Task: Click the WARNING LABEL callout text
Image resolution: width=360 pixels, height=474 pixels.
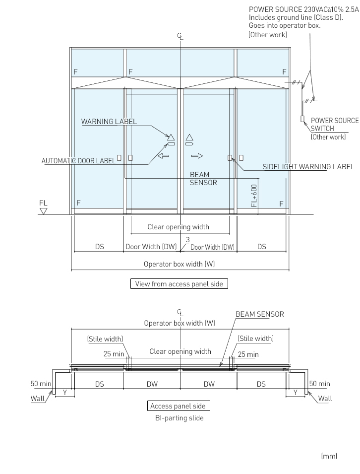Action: (109, 122)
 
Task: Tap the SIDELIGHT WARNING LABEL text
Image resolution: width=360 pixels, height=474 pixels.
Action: (308, 167)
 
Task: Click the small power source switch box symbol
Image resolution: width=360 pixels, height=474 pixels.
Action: (301, 119)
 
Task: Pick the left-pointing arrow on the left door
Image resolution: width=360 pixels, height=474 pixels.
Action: (163, 156)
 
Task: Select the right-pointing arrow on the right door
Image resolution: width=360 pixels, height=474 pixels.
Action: (197, 156)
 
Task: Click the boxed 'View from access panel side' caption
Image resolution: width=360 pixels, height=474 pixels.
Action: (179, 284)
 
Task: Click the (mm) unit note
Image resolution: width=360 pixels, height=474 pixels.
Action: (329, 456)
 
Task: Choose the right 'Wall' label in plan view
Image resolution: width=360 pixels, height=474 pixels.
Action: (325, 398)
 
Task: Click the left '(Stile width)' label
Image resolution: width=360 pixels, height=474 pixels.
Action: (105, 339)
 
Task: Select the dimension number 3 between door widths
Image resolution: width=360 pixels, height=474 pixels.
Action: (187, 240)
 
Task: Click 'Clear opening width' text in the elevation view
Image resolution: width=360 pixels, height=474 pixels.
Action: (179, 227)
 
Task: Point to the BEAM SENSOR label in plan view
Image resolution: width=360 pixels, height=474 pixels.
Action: (259, 314)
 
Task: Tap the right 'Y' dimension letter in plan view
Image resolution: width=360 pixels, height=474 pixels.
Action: (296, 392)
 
